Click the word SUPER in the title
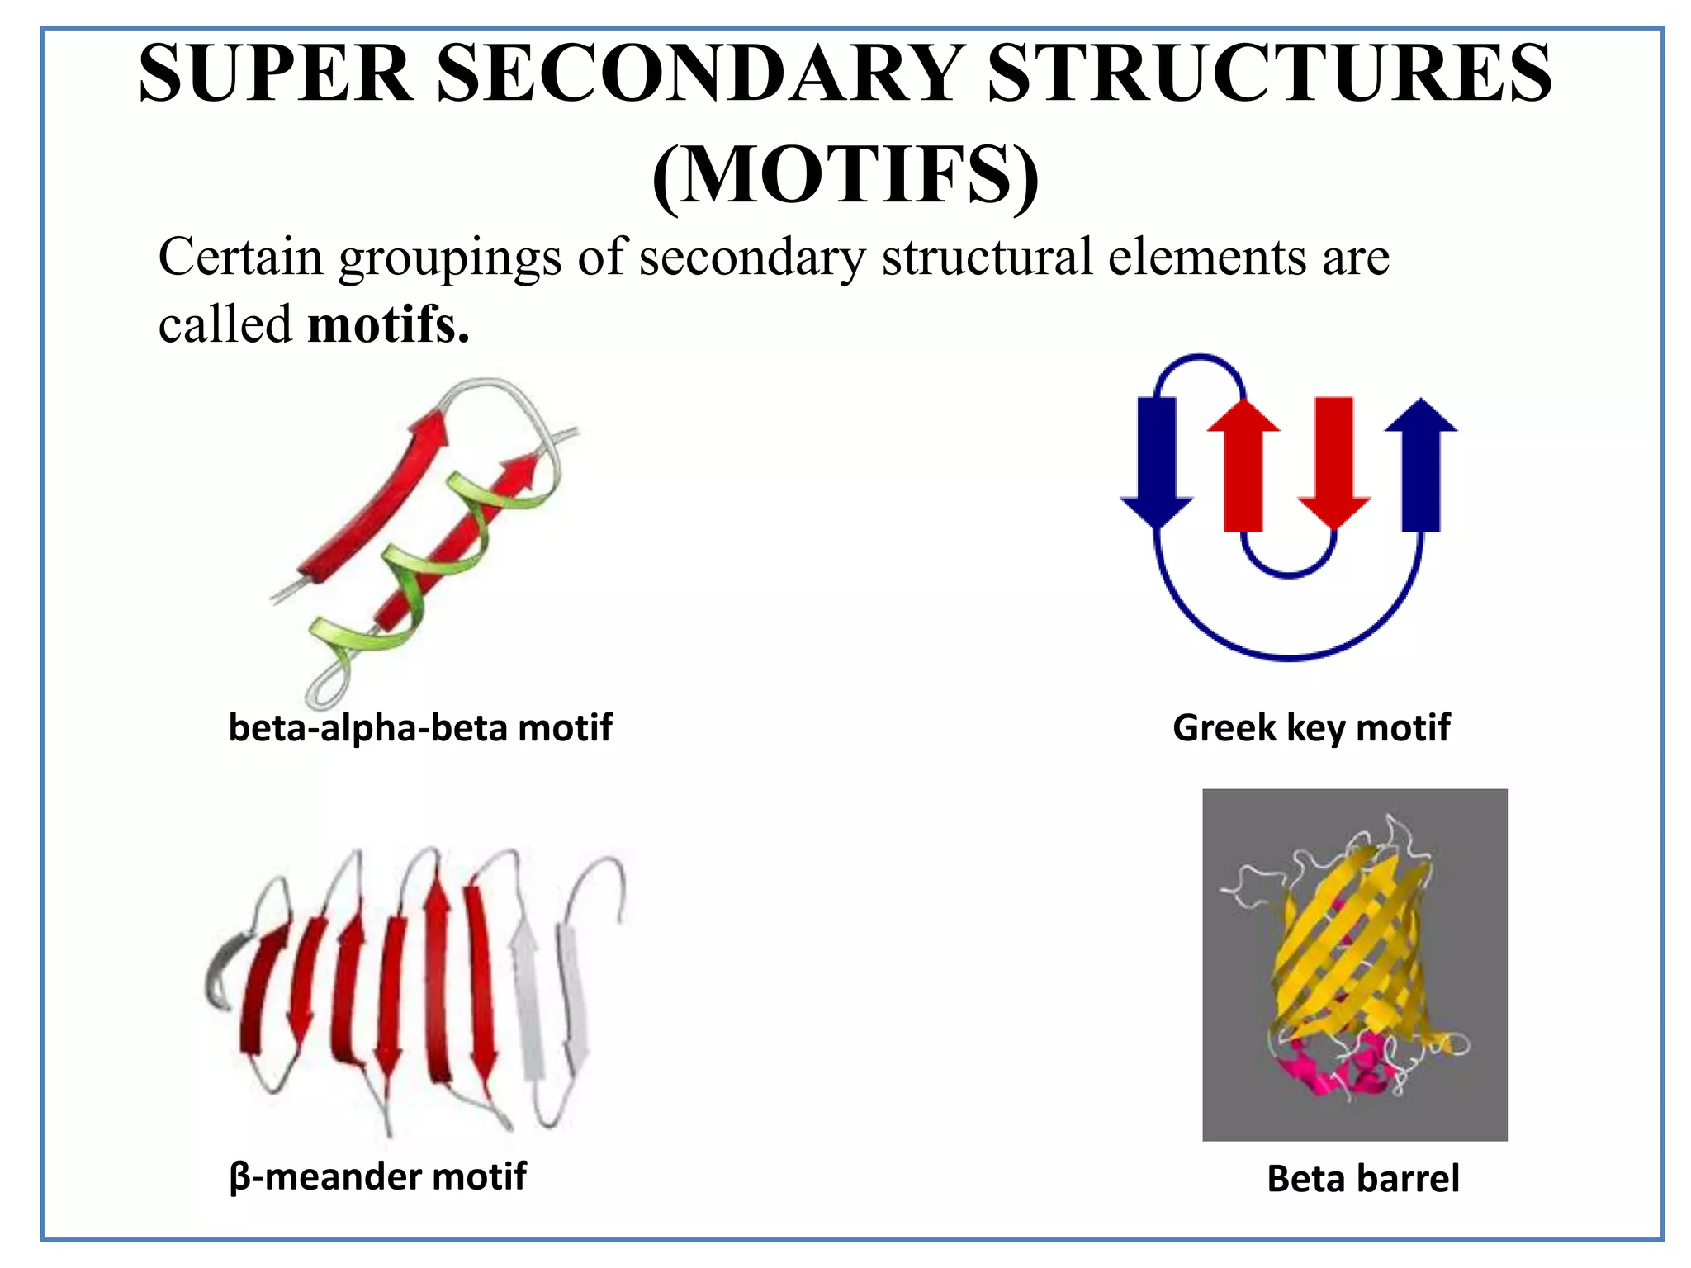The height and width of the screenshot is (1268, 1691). [x=277, y=74]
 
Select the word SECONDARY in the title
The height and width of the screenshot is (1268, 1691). [x=700, y=74]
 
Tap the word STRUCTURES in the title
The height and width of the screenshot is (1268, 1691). [x=1269, y=74]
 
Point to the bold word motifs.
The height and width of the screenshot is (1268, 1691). [x=388, y=324]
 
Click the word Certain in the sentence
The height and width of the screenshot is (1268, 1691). [x=240, y=257]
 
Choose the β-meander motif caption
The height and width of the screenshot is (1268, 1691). [x=378, y=1176]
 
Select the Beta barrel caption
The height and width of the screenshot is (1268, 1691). [x=1363, y=1179]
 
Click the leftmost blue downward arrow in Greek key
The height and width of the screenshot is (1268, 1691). [x=1157, y=458]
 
